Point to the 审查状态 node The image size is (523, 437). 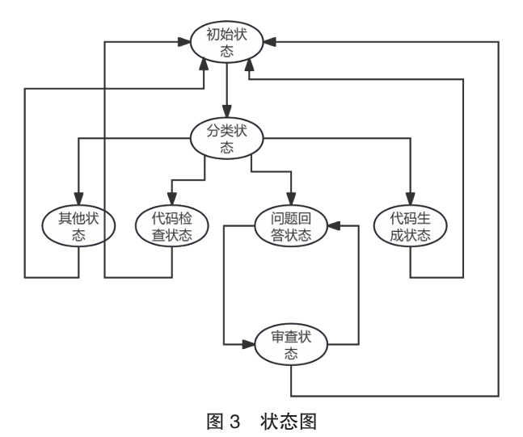pos(290,345)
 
